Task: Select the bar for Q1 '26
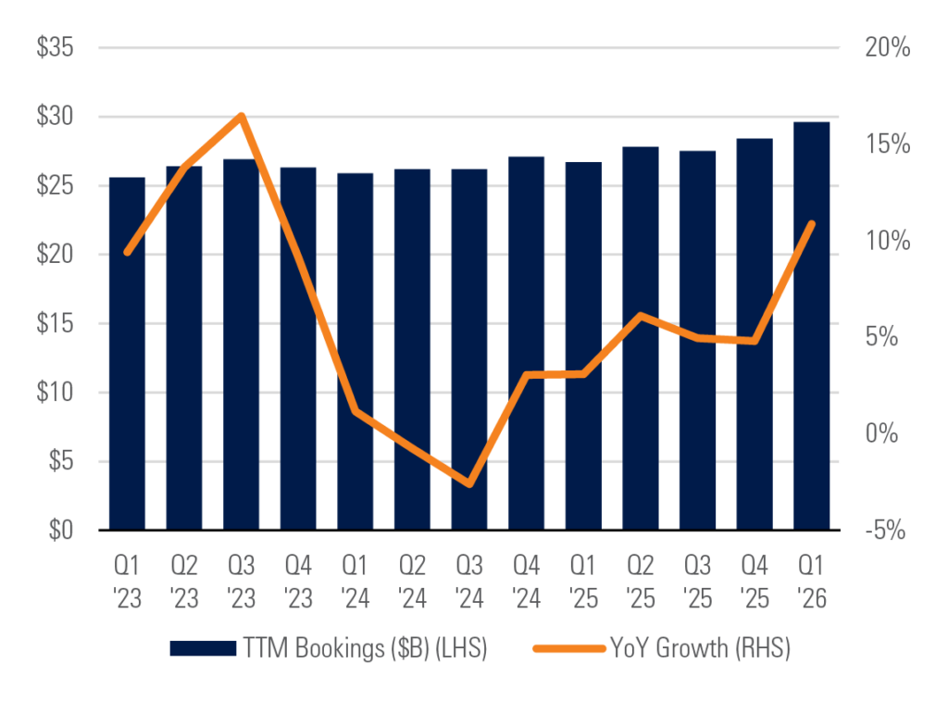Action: click(x=811, y=326)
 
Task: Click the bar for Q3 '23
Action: click(x=242, y=344)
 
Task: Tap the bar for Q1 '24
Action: click(x=355, y=352)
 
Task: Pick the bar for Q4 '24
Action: click(x=526, y=344)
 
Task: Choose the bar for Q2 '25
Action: click(x=641, y=338)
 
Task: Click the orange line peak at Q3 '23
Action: click(x=242, y=116)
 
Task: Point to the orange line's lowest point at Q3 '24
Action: click(x=469, y=484)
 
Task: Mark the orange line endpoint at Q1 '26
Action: click(x=812, y=224)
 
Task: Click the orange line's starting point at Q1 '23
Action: click(x=127, y=252)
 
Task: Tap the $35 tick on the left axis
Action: click(x=55, y=47)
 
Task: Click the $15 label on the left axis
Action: click(x=55, y=323)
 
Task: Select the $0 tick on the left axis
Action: click(x=61, y=530)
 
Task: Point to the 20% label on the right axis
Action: click(x=888, y=47)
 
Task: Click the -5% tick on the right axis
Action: click(x=885, y=530)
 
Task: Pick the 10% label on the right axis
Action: click(x=888, y=241)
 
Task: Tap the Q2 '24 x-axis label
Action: click(x=412, y=582)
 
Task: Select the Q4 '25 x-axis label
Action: click(x=755, y=582)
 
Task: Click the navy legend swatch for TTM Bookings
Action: click(x=203, y=648)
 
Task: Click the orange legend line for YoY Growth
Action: click(x=569, y=648)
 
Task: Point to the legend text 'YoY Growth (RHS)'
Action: click(x=700, y=648)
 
